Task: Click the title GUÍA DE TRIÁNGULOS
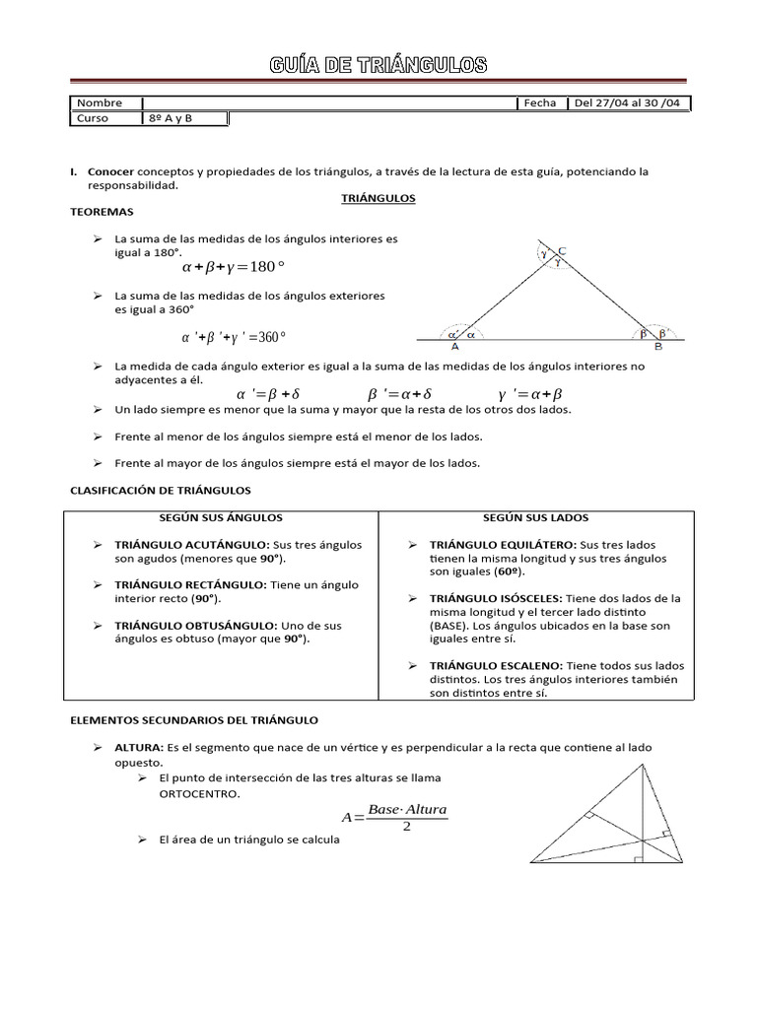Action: click(379, 66)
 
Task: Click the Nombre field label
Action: click(100, 103)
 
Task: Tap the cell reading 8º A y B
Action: click(170, 118)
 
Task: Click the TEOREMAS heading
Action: click(102, 212)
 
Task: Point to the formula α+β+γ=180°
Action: click(234, 267)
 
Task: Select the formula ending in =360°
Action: click(234, 337)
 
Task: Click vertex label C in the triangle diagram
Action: click(562, 250)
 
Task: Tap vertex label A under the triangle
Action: click(454, 346)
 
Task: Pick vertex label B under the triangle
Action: click(657, 346)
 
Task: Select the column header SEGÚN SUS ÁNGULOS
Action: click(221, 517)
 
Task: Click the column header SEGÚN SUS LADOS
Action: click(535, 517)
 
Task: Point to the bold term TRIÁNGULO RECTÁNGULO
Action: click(190, 584)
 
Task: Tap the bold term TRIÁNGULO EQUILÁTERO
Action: click(503, 545)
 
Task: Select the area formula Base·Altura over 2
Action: click(394, 817)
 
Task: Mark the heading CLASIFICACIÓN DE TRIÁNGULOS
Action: click(161, 490)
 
